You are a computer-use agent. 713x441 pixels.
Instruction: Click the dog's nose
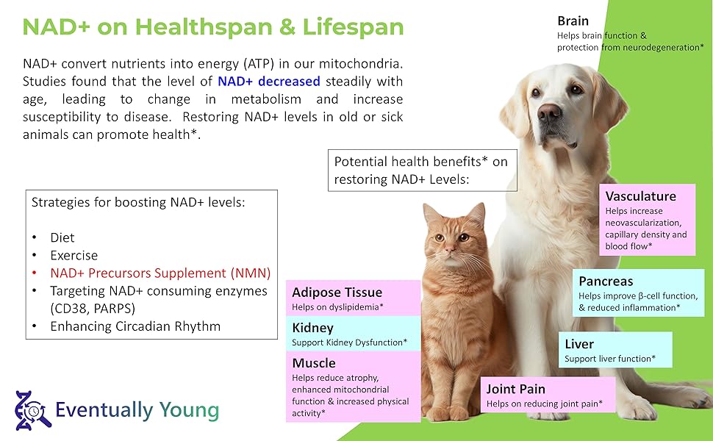coord(549,112)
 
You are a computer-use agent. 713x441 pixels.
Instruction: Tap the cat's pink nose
coord(449,248)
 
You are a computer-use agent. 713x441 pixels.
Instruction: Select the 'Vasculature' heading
coord(640,196)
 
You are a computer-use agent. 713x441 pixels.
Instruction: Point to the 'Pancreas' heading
coord(606,282)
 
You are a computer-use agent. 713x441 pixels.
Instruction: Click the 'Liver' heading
coord(579,344)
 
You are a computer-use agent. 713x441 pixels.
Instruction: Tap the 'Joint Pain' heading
coord(516,389)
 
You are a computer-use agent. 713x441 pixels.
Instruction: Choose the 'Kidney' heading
coord(313,329)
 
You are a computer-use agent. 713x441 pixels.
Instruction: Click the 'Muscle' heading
coord(314,363)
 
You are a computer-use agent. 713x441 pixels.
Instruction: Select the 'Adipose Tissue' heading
coord(337,293)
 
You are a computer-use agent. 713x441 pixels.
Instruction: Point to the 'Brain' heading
coord(573,21)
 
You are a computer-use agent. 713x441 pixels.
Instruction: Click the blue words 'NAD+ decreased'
coord(269,82)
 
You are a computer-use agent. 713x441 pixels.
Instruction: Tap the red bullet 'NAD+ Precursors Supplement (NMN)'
coord(160,273)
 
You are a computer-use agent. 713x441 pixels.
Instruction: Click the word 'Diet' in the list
coord(62,238)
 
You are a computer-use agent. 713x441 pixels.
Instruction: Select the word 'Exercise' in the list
coord(74,256)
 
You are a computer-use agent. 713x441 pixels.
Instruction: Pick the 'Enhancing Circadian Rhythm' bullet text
coord(135,326)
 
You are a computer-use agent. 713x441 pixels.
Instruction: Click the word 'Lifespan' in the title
coord(353,26)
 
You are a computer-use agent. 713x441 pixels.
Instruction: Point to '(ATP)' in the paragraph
coord(259,64)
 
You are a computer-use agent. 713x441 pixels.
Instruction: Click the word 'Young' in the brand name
coord(189,410)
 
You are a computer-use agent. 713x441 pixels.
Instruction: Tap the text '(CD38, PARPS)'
coord(93,309)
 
